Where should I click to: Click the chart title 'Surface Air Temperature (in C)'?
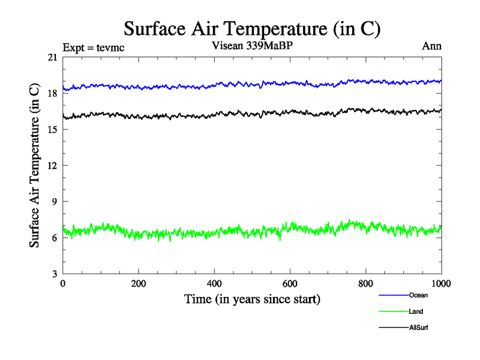coord(252,28)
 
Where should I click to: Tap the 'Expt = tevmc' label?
coord(94,47)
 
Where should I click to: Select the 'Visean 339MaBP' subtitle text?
coord(253,46)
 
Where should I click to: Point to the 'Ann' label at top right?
coord(432,46)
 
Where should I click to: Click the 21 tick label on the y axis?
coord(52,58)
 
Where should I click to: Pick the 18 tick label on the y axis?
coord(52,94)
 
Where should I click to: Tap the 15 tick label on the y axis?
coord(52,130)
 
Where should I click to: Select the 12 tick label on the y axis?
coord(52,166)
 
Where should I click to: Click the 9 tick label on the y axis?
coord(55,202)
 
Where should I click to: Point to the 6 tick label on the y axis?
coord(55,238)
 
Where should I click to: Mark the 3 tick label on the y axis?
coord(55,274)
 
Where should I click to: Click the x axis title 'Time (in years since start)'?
coord(252,299)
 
